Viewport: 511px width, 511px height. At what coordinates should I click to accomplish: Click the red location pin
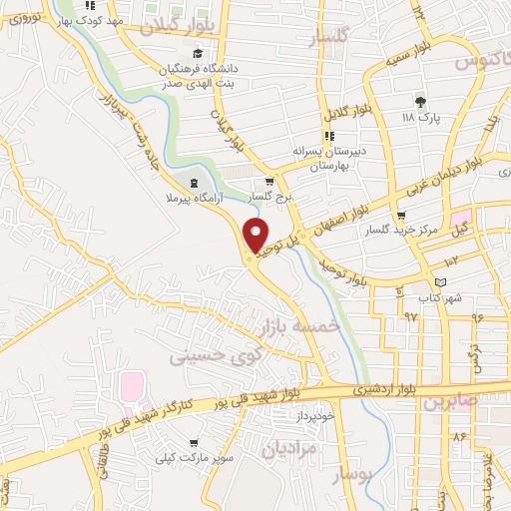257,236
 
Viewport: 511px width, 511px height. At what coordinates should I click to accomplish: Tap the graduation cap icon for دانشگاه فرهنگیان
198,53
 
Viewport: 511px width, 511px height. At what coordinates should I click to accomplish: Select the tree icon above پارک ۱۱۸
420,101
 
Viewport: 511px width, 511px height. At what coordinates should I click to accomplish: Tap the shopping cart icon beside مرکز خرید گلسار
401,215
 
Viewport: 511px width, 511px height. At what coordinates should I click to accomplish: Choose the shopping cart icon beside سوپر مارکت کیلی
193,443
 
